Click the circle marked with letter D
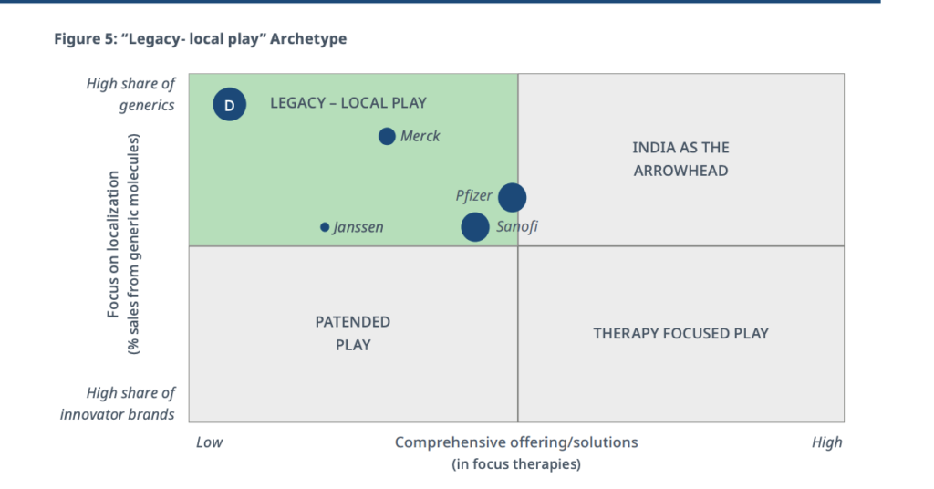click(229, 104)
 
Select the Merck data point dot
click(387, 137)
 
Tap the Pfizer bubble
click(513, 197)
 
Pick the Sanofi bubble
click(474, 227)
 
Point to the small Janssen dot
click(325, 227)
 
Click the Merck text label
click(420, 137)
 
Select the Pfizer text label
click(473, 196)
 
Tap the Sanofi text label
click(517, 226)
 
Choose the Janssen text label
click(358, 227)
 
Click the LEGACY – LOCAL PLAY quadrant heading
click(348, 103)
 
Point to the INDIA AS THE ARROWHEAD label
click(680, 159)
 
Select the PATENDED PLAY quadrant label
click(353, 334)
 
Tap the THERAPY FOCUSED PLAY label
click(680, 333)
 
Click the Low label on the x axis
click(209, 442)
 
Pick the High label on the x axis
click(826, 442)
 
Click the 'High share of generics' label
click(131, 94)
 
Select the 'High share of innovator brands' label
click(118, 404)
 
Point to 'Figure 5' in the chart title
click(83, 39)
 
